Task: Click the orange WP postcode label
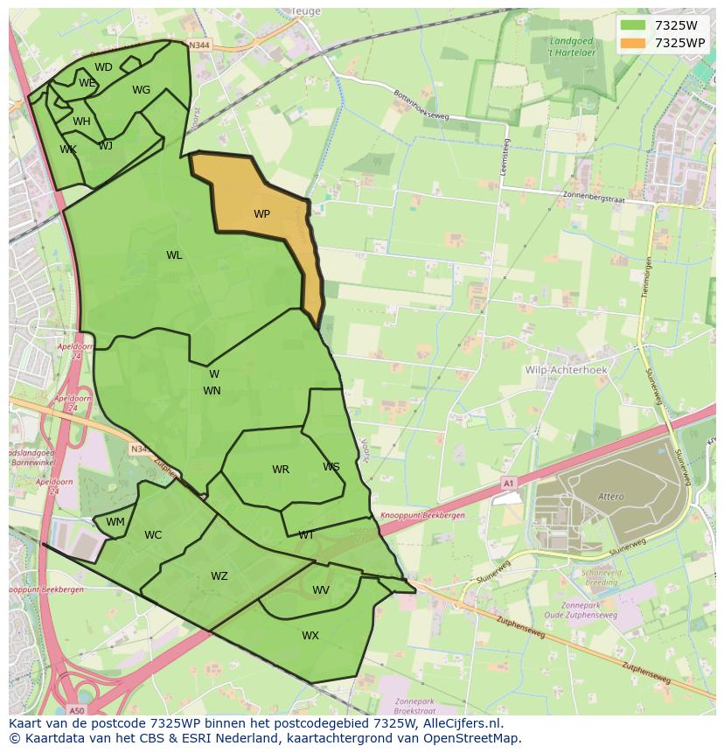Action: tap(261, 214)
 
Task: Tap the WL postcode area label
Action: tap(174, 255)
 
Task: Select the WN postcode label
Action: tap(212, 391)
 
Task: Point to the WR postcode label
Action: tap(280, 470)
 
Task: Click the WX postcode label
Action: tap(310, 636)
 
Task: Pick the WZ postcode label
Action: tap(219, 576)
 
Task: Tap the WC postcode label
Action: tap(153, 535)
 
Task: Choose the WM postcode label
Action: tap(115, 522)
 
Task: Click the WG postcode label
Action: tap(141, 90)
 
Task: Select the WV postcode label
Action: tap(321, 590)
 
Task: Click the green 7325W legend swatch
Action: tap(633, 25)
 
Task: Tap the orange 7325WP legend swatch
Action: tap(633, 43)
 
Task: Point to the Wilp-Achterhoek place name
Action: tap(566, 370)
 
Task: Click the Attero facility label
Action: tap(611, 497)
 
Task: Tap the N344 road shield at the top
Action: tap(199, 45)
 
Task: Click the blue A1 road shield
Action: tap(508, 483)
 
